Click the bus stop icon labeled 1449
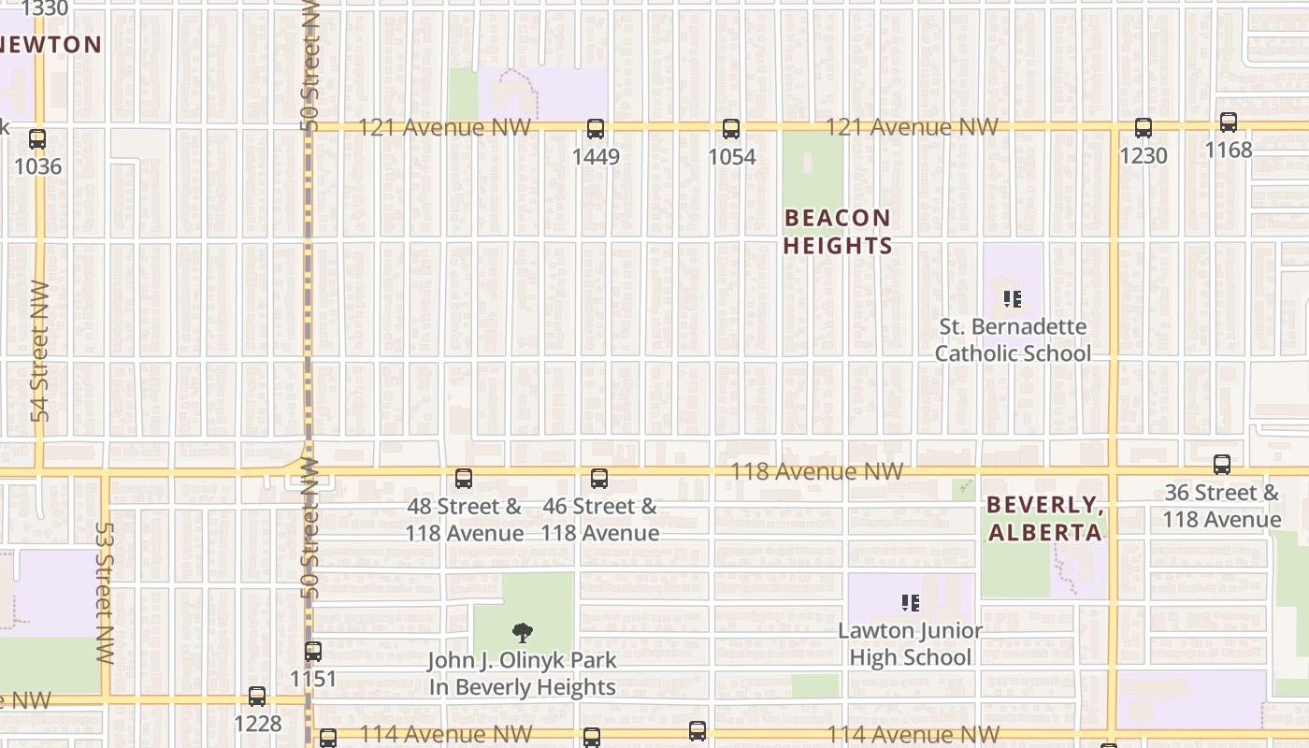(596, 129)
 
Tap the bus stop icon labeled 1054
(731, 129)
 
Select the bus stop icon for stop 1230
(1143, 128)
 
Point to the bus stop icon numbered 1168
(1229, 122)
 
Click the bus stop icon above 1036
(37, 139)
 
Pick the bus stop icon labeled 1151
(313, 652)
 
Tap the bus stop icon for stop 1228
(257, 697)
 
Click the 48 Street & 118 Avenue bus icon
(464, 479)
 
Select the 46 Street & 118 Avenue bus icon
(599, 479)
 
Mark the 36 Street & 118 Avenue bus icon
(1221, 465)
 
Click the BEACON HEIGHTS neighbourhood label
(837, 232)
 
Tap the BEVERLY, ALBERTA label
(1044, 519)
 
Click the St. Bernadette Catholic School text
(1014, 340)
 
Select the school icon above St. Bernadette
(1012, 299)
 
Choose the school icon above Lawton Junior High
(910, 603)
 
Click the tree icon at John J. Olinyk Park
(524, 633)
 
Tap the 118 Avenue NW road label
(816, 471)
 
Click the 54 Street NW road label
(39, 351)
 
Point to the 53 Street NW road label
(104, 593)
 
